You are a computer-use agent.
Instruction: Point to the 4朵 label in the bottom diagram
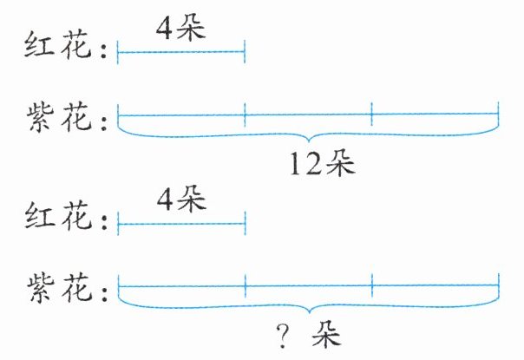180,202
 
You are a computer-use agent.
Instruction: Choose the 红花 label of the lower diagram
60,218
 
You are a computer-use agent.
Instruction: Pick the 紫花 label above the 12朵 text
60,116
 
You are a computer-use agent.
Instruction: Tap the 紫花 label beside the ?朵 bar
60,286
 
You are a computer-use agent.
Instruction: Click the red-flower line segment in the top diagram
180,54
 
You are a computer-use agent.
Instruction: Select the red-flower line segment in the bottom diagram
180,226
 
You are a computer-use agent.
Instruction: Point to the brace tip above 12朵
308,140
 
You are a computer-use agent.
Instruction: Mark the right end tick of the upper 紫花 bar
499,113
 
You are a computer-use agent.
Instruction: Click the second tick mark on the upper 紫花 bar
245,113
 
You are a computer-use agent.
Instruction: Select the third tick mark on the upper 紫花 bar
371,113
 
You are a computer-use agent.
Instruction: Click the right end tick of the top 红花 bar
245,54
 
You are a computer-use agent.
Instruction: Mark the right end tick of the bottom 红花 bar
246,226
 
